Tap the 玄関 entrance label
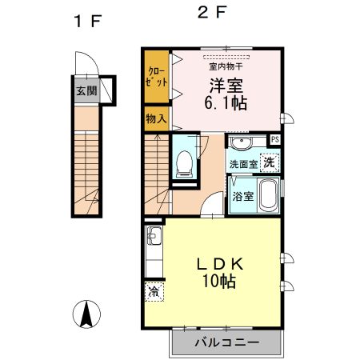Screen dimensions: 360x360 [x=86, y=90]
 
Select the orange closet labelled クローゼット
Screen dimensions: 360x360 [x=157, y=77]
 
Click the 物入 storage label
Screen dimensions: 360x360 [x=157, y=118]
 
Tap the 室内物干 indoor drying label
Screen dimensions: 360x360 [x=227, y=66]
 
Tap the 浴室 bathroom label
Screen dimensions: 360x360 [x=243, y=194]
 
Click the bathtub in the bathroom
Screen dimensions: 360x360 [x=270, y=195]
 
